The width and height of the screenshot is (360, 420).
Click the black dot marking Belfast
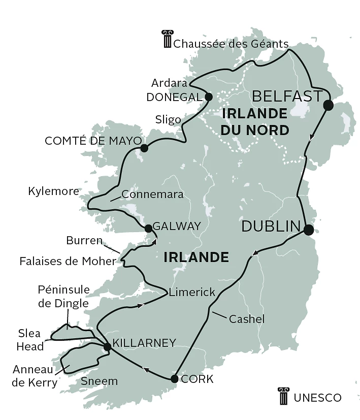click(328, 105)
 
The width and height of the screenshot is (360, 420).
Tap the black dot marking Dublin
click(308, 230)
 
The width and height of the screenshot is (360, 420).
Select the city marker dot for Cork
click(175, 379)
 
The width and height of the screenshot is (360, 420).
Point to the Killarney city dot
click(107, 347)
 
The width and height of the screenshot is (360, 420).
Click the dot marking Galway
click(148, 228)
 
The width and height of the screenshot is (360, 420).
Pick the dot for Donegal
click(208, 96)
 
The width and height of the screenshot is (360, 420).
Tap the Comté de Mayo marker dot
click(144, 148)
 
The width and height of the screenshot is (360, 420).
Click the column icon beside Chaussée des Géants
click(167, 40)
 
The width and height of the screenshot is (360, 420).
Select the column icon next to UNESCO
click(283, 396)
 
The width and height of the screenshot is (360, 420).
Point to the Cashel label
click(247, 319)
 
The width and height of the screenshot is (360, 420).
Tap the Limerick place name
click(192, 293)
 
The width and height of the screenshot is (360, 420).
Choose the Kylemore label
click(54, 191)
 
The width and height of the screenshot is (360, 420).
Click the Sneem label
click(99, 381)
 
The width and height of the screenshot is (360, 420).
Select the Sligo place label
click(168, 120)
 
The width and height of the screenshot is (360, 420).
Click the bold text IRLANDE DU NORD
click(254, 121)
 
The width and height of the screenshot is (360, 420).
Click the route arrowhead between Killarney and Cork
click(146, 371)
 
